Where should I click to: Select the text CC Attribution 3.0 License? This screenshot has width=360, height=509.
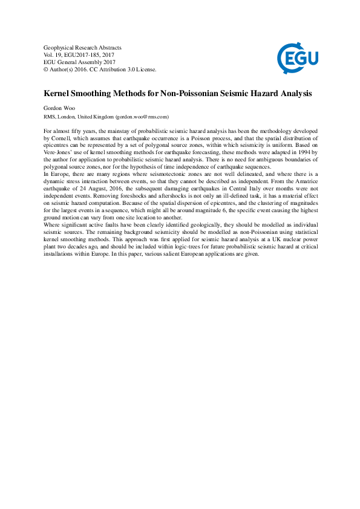126,70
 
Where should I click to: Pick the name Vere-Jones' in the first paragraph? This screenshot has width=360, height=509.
59,153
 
